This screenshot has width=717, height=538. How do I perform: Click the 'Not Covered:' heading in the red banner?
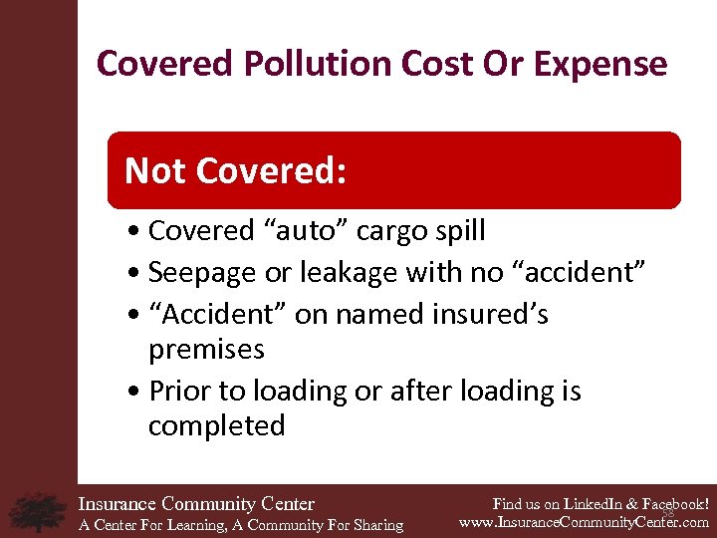(x=235, y=171)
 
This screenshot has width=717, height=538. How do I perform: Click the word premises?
(x=206, y=350)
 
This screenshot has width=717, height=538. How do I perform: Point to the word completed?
(x=216, y=426)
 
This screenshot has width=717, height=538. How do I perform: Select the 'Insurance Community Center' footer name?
(x=196, y=504)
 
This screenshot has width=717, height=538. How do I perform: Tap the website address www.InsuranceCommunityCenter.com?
(x=584, y=521)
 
